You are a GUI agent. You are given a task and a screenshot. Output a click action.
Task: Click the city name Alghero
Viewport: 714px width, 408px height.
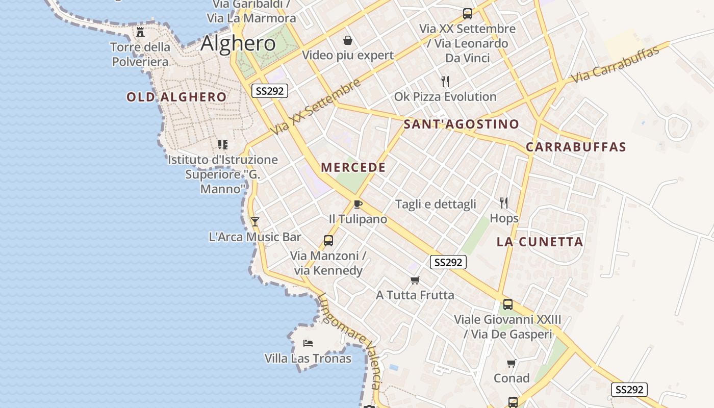[238, 43]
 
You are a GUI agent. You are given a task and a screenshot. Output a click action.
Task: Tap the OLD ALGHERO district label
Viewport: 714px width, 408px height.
[176, 97]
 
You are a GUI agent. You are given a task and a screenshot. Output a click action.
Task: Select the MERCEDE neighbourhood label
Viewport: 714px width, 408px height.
[353, 167]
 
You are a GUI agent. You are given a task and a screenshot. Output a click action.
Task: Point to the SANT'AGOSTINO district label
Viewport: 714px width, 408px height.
[461, 124]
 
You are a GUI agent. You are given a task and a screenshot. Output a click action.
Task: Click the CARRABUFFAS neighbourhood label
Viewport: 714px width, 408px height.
[576, 147]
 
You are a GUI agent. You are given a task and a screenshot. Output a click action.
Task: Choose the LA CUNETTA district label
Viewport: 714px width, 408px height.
[540, 242]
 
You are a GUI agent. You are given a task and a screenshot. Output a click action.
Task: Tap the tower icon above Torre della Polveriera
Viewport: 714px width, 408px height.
[140, 32]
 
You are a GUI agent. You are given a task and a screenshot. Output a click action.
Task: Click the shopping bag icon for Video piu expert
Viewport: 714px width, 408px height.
[348, 40]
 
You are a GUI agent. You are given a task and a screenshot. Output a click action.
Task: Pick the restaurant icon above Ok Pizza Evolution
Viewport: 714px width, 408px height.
[445, 81]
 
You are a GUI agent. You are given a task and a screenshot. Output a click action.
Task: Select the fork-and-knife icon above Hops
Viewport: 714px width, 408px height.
[504, 203]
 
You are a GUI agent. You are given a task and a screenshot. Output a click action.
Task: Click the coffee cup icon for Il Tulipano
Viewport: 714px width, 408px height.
[358, 204]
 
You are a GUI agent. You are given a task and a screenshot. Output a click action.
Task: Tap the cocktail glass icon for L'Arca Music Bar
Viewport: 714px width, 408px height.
[255, 221]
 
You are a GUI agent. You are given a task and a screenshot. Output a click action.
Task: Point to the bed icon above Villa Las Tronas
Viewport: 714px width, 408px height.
[308, 343]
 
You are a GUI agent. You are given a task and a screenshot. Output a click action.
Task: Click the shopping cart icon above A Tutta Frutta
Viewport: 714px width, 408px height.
[415, 280]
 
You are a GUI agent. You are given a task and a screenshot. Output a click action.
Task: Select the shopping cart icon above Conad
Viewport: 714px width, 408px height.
[511, 363]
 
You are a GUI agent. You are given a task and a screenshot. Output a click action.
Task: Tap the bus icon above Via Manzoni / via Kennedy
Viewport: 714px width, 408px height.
[328, 240]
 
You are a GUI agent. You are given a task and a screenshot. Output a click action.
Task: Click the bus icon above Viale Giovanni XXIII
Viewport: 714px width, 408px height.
[508, 304]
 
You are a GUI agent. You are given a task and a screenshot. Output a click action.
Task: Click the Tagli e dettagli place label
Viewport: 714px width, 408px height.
[436, 204]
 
